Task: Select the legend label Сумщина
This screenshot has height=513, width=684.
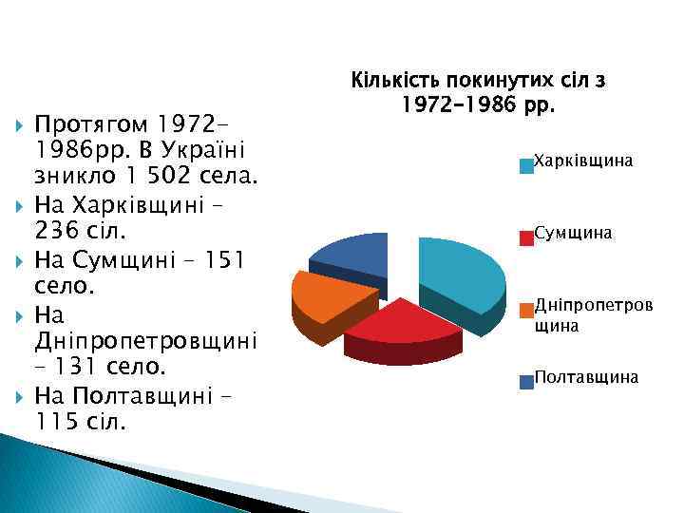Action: [573, 232]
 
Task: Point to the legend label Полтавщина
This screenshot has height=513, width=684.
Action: [585, 377]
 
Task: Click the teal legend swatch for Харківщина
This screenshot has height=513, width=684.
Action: [525, 167]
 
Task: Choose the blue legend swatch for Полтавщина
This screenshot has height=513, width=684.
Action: [525, 383]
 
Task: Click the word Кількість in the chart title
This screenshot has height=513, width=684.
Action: [395, 81]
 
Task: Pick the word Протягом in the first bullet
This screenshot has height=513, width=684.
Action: [91, 124]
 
